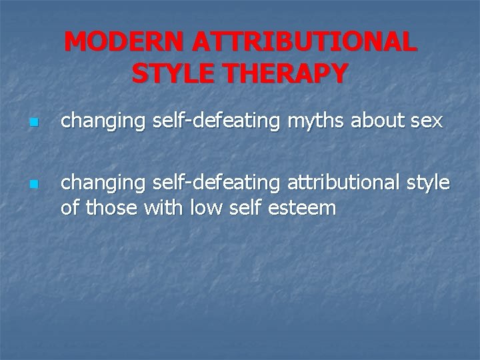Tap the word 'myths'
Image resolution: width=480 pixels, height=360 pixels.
[307, 122]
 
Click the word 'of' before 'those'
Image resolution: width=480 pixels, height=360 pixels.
[70, 208]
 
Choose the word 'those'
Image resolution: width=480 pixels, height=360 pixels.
[112, 208]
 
